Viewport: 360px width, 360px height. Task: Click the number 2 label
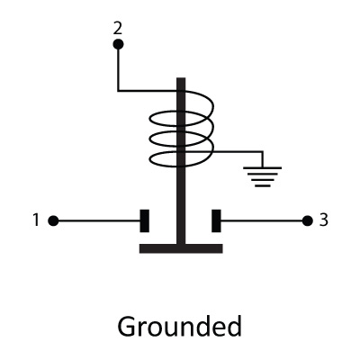click(x=118, y=29)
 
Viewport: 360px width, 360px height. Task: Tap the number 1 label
click(x=36, y=220)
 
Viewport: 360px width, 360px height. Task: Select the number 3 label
click(x=323, y=220)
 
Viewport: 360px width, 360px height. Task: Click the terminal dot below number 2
click(x=118, y=45)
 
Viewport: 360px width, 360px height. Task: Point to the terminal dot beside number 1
click(x=53, y=221)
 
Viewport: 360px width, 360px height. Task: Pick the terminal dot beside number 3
click(x=308, y=221)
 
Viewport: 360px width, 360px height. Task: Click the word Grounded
click(x=179, y=327)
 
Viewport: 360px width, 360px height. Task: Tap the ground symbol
click(x=263, y=177)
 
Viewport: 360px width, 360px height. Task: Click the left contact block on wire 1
click(x=145, y=221)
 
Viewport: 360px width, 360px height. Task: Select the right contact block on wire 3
click(x=216, y=221)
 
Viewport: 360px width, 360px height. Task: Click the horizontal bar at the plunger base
click(x=181, y=248)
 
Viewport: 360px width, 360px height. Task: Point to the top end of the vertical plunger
click(x=181, y=78)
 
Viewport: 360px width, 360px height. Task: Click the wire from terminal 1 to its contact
click(x=99, y=221)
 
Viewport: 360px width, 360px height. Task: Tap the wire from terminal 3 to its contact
click(x=262, y=221)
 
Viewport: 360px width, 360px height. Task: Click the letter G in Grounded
click(x=126, y=327)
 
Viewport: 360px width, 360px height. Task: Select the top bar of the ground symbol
click(x=263, y=167)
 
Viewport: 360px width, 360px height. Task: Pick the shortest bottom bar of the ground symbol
click(x=263, y=186)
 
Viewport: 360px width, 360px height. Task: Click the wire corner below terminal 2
click(x=118, y=90)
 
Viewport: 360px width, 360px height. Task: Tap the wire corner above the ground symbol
click(x=263, y=152)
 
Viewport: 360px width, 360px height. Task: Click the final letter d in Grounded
click(x=234, y=327)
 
